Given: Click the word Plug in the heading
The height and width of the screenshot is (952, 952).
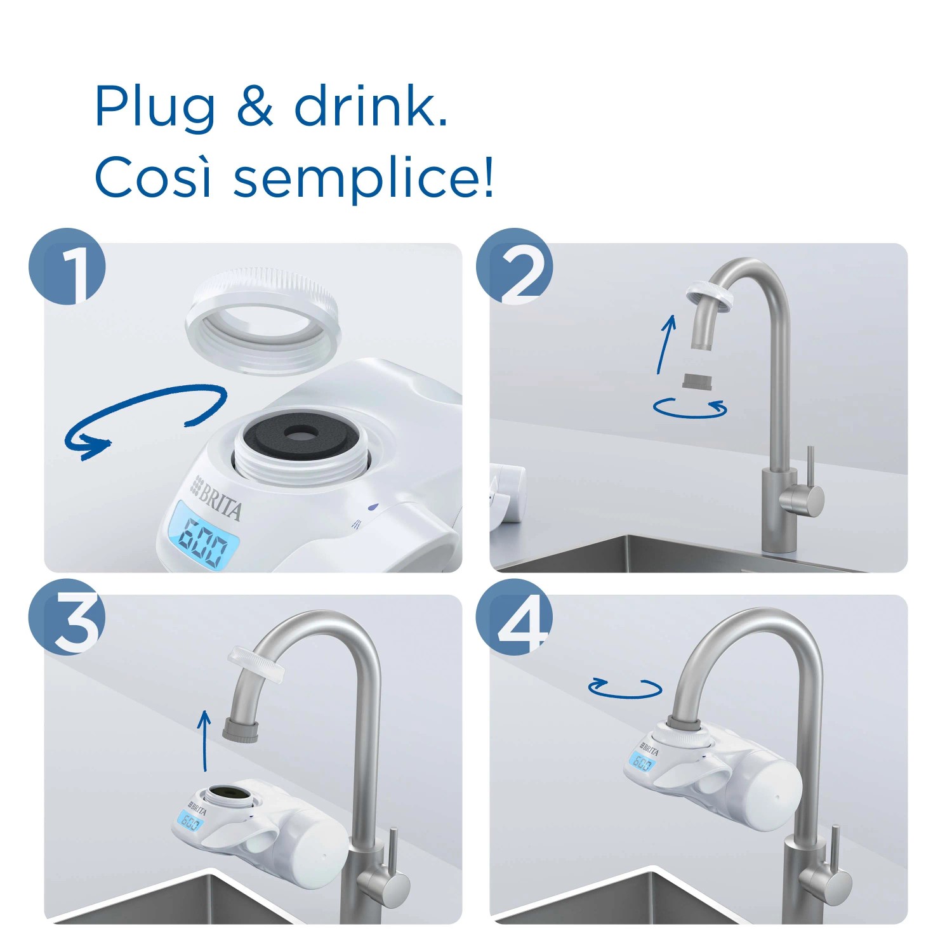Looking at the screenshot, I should [155, 108].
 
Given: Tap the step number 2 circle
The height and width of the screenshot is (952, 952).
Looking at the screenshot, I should [515, 267].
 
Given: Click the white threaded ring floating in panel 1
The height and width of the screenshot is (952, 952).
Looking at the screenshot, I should [262, 321].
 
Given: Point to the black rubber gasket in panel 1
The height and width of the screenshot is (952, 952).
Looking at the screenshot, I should [301, 433].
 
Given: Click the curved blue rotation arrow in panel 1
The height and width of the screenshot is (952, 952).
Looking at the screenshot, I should [146, 419].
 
